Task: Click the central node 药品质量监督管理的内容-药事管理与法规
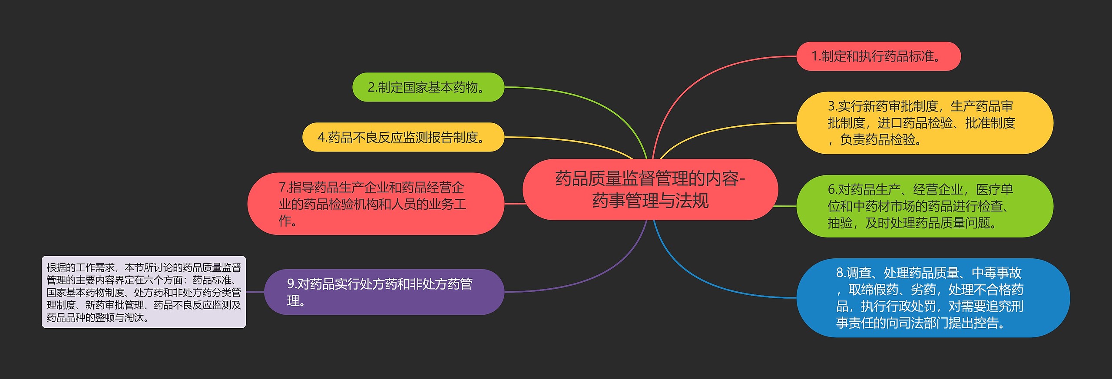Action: tap(650, 189)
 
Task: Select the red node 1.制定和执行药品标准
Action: tap(878, 56)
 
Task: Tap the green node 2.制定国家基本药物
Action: tap(428, 87)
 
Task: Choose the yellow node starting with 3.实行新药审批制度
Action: tap(924, 123)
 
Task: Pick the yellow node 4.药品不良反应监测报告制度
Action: tap(403, 137)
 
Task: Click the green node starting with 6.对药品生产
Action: tap(924, 206)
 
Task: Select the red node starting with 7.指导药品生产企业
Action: tap(375, 204)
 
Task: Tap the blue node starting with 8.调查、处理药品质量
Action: tap(933, 298)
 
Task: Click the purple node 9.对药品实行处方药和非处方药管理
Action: tap(384, 292)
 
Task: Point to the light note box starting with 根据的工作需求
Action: tap(144, 292)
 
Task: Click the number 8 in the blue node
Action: tap(840, 273)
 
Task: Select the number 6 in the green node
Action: tap(831, 190)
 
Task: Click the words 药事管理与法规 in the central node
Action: tap(650, 201)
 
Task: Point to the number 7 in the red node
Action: tap(282, 188)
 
